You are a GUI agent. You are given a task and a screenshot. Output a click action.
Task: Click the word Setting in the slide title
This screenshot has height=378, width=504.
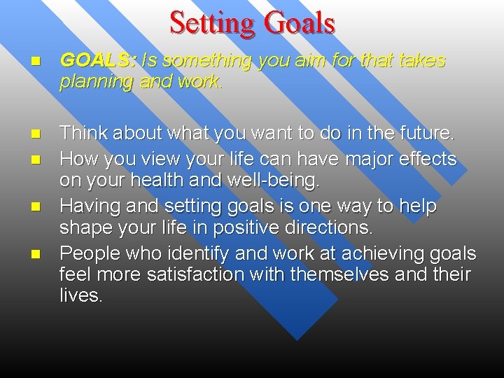pyautogui.click(x=211, y=22)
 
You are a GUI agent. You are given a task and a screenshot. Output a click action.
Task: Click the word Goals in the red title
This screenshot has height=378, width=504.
pyautogui.click(x=299, y=22)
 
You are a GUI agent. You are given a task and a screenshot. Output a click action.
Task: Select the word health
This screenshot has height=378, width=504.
pyautogui.click(x=171, y=181)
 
